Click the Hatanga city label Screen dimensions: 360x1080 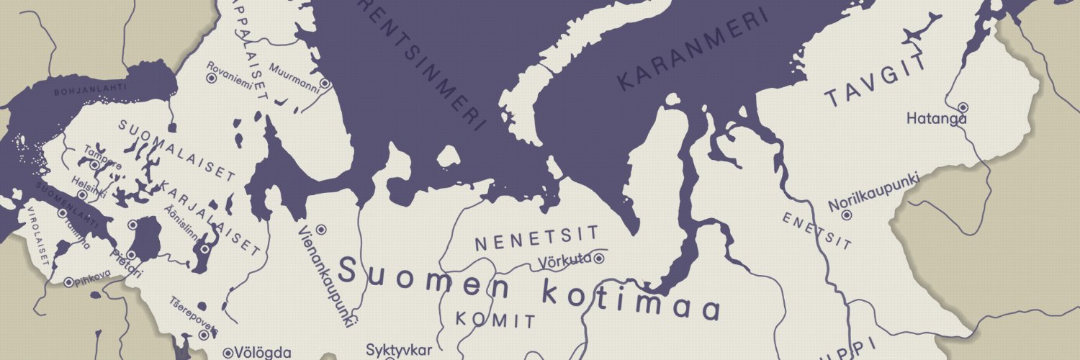coord(936,119)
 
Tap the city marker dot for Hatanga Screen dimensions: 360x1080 coord(963,107)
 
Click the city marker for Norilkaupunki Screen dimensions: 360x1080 coord(847,215)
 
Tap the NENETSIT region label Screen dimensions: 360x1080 coord(536,238)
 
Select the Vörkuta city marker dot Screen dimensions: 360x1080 coord(598,258)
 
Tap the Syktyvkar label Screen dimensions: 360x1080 coord(399,351)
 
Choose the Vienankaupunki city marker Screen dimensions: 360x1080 coord(321,229)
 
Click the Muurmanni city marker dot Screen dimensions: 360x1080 coord(325,83)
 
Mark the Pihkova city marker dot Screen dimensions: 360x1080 coord(68,283)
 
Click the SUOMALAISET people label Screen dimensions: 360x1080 coord(177,150)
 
